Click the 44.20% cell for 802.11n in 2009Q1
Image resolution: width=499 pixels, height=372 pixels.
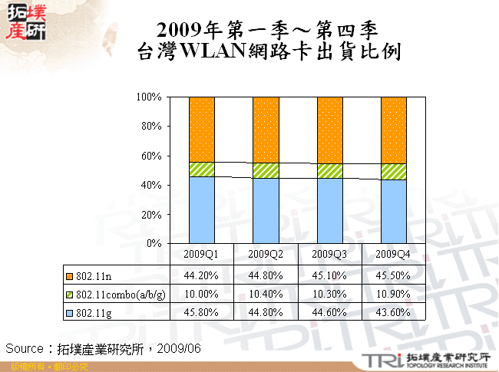[201, 275]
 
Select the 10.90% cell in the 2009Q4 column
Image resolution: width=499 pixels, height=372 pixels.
[394, 294]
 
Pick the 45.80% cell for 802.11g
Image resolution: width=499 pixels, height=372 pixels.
[201, 312]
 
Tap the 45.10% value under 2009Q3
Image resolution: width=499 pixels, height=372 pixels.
[329, 275]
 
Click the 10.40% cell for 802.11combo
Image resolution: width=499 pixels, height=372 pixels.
[266, 294]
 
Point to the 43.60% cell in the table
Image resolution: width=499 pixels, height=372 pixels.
[394, 312]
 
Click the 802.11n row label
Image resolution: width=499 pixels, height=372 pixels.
[93, 275]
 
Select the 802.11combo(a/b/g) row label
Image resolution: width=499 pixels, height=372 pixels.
[115, 294]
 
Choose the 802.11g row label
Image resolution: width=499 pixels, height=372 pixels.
[93, 312]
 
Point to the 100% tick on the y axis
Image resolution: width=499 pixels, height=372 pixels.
[149, 97]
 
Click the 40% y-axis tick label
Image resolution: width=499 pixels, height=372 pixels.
[151, 185]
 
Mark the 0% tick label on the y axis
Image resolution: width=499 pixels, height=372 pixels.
[154, 243]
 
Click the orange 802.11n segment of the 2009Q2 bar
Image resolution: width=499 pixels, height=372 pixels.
[266, 129]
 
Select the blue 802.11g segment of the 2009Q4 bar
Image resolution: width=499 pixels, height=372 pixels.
[394, 211]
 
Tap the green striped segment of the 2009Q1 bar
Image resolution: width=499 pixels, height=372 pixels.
[201, 170]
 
